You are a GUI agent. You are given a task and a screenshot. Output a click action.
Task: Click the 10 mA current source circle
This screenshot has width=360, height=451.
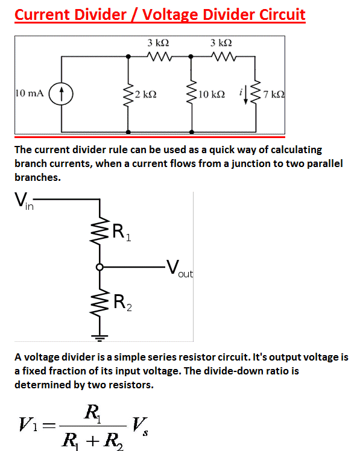(x=61, y=94)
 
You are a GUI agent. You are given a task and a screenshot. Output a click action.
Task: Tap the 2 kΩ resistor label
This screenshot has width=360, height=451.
(x=146, y=94)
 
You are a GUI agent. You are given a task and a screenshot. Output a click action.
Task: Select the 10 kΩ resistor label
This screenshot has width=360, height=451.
(x=212, y=94)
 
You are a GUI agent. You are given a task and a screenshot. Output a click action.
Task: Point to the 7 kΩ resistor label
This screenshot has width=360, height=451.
(x=274, y=94)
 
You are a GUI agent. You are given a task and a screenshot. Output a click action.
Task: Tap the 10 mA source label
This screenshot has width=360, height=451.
(x=30, y=93)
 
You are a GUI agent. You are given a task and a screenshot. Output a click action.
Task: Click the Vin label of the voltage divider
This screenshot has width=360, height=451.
(x=24, y=201)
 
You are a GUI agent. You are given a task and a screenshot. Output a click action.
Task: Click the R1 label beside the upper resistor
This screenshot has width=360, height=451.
(x=121, y=232)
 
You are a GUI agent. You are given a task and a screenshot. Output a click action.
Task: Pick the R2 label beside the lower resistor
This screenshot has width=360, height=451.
(x=122, y=302)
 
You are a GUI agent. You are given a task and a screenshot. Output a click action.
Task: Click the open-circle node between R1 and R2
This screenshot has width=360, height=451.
(x=99, y=267)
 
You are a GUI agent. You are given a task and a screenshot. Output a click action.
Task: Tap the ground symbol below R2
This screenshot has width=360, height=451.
(x=99, y=338)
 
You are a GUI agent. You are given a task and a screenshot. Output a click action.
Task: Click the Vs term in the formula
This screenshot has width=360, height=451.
(x=140, y=426)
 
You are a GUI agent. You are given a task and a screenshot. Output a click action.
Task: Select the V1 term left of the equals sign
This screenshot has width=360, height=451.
(x=28, y=424)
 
